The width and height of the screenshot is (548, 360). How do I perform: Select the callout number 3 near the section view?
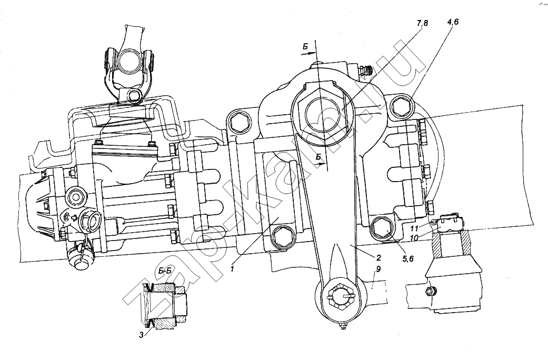tap(141, 334)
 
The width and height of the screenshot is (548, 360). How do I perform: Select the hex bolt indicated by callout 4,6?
tap(402, 108)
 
